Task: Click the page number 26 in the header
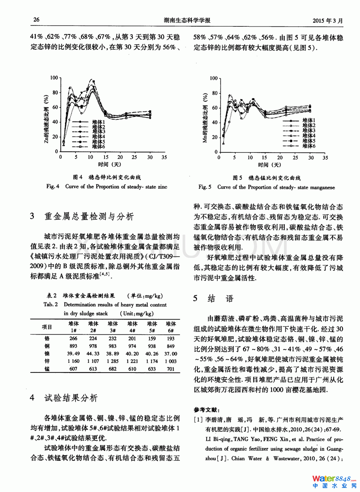point(36,20)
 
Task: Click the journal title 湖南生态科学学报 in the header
point(187,20)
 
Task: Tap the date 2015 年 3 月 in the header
point(328,21)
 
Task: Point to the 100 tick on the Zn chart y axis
point(54,78)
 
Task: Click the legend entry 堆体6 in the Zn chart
point(99,147)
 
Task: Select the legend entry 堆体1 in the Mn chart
point(309,121)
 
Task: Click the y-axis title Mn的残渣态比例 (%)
point(205,118)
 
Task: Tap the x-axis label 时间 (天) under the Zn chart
point(109,164)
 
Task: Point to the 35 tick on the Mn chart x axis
point(325,158)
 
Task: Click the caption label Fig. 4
point(53,187)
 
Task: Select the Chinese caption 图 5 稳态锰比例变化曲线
point(266,178)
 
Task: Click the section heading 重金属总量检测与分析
point(89,216)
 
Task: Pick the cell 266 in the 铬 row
point(73,338)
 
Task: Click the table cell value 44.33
point(93,354)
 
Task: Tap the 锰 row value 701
point(170,369)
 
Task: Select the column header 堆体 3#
point(113,327)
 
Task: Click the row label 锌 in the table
point(47,361)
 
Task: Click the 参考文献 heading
point(206,410)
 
